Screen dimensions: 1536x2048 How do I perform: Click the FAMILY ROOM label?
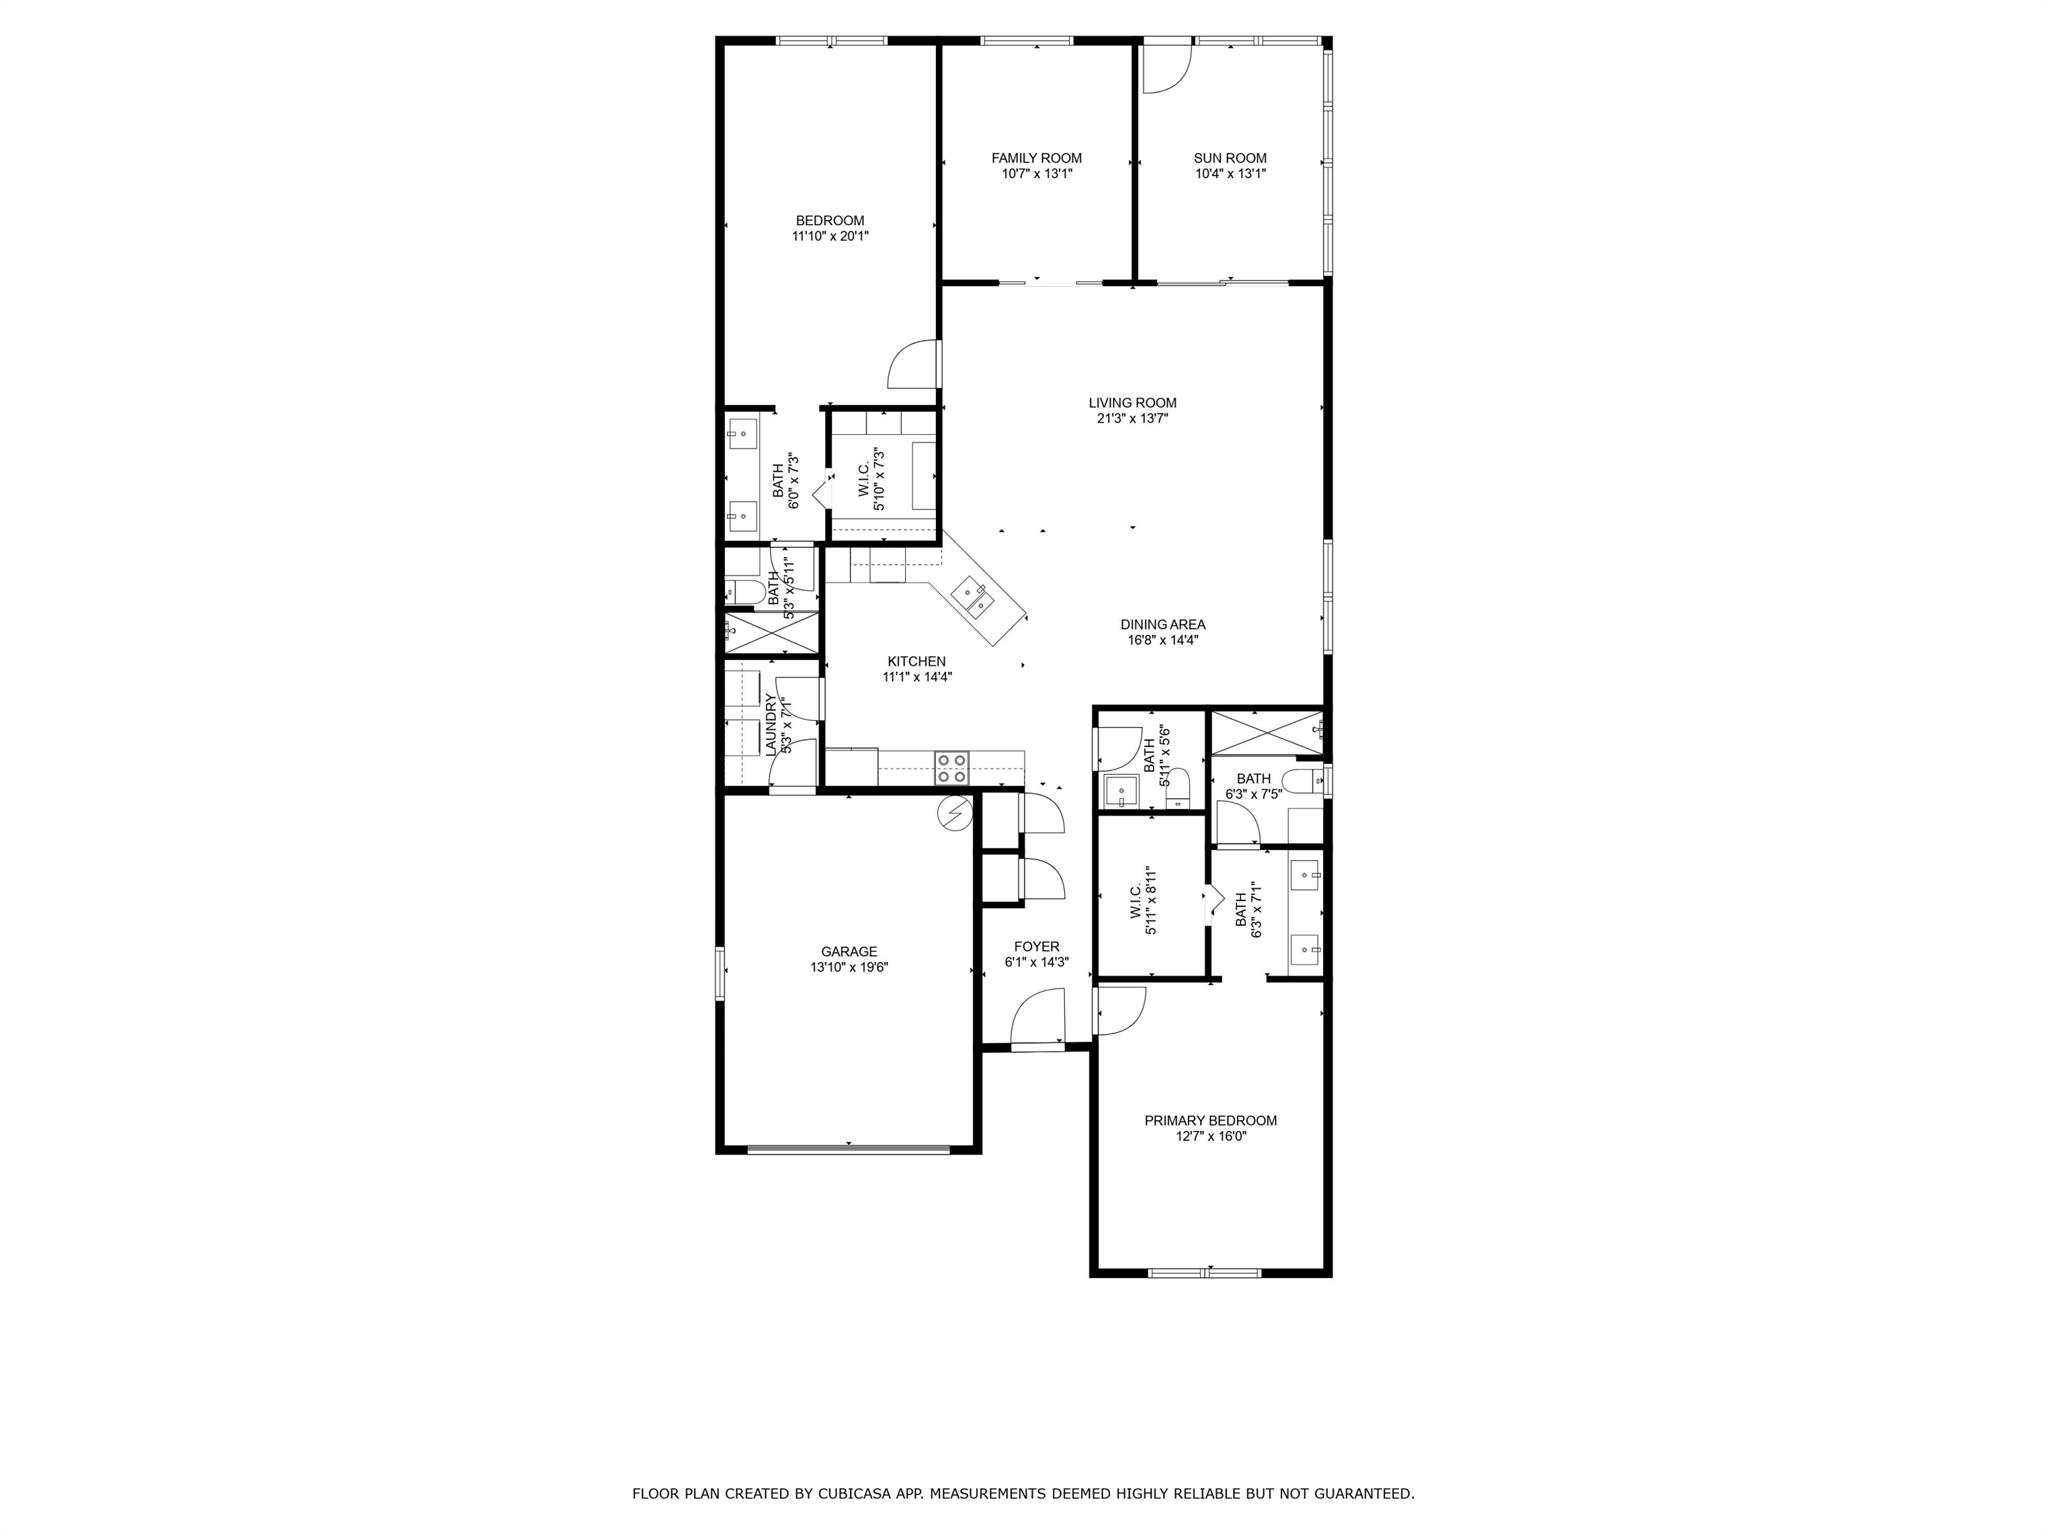(1036, 158)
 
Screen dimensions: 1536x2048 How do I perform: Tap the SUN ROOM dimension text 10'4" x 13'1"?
(1230, 174)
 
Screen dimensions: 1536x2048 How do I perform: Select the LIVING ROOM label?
(1132, 403)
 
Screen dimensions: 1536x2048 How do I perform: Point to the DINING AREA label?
(1162, 625)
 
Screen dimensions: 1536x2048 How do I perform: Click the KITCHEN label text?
(916, 662)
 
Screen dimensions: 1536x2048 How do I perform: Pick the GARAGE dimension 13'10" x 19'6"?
(849, 968)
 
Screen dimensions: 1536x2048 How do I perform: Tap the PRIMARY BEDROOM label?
(1210, 1121)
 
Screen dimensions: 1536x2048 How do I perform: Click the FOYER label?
(1036, 947)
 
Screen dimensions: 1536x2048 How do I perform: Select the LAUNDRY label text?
(771, 725)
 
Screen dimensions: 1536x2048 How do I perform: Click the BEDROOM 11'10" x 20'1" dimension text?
(830, 237)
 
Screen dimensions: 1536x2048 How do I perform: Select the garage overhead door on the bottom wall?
(848, 1149)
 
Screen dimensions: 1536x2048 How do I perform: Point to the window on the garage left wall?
(719, 972)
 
